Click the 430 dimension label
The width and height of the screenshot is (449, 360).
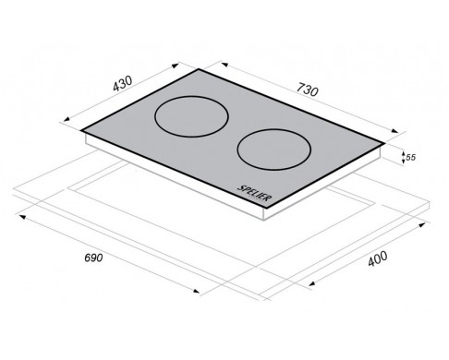[x=123, y=83]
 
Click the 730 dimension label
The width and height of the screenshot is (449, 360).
[x=307, y=90]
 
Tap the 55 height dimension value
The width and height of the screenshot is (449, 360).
[x=410, y=157]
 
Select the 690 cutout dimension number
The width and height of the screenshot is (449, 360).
[x=93, y=258]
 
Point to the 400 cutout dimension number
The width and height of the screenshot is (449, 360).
[x=378, y=258]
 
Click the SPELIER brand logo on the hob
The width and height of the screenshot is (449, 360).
[x=255, y=193]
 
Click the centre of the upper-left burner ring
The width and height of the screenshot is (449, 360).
[x=191, y=116]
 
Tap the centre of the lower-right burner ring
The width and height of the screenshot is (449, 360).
[x=273, y=150]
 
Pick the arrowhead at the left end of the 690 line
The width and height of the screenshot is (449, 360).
[x=22, y=217]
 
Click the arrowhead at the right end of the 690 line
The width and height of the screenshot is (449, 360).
[x=196, y=291]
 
